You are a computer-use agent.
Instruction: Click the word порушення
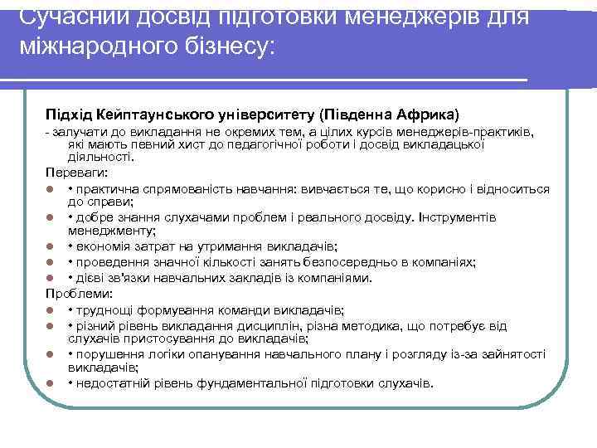tap(111, 354)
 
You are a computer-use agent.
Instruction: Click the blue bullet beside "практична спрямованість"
tap(51, 189)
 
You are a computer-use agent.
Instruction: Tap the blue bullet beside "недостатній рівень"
tap(51, 383)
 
